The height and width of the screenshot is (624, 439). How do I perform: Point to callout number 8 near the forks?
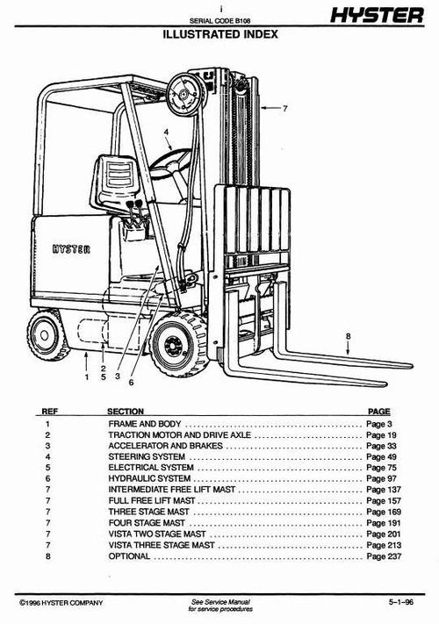(x=348, y=335)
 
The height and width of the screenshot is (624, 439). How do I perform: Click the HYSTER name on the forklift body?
(x=71, y=247)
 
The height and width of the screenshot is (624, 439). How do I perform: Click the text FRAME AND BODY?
(x=145, y=424)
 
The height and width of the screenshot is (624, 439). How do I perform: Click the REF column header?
(x=49, y=411)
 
